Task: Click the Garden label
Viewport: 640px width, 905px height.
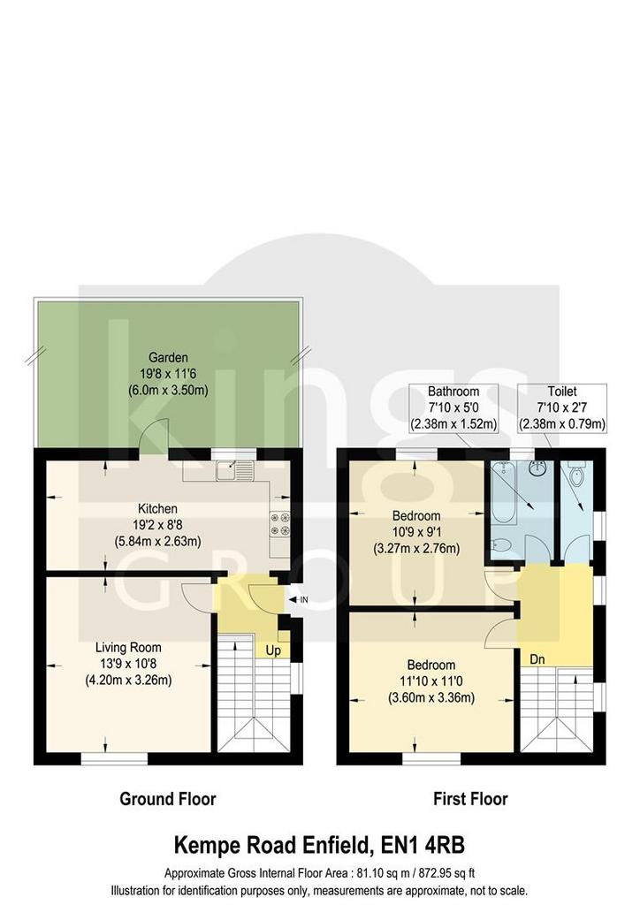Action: pos(168,358)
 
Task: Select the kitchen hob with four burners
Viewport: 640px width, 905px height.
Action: pos(280,524)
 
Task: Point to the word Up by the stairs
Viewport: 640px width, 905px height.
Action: pos(273,650)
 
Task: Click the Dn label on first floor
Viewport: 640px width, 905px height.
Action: pos(537,658)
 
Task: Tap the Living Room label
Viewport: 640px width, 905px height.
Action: pos(128,648)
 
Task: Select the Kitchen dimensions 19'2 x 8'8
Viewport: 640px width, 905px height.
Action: pos(157,525)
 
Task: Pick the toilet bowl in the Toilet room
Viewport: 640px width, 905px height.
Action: pos(576,474)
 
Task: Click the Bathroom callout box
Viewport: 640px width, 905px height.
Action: pos(453,408)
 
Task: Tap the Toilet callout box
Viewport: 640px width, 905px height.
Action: pos(563,408)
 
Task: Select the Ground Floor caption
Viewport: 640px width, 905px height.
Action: pos(167,799)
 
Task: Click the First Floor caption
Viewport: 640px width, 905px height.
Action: pos(470,799)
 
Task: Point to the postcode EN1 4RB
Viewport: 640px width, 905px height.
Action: pos(423,846)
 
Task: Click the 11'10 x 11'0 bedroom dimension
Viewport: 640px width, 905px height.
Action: pos(430,681)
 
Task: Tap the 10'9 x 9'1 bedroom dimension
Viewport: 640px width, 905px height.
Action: pos(416,531)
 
